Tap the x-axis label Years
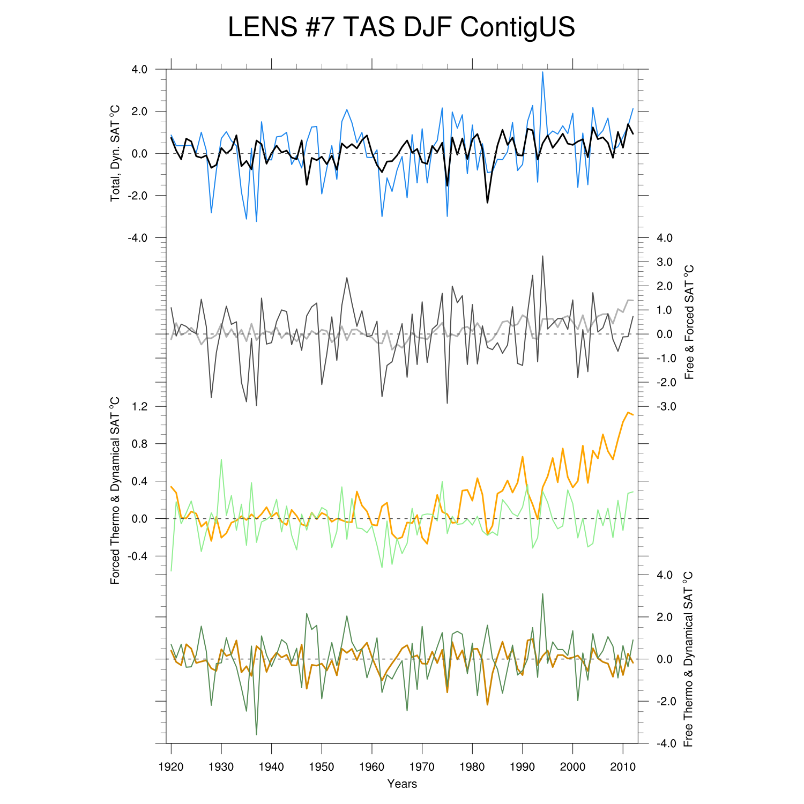coord(402,784)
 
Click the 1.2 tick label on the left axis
coord(139,406)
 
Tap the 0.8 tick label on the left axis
coord(139,444)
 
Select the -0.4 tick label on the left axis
coord(137,556)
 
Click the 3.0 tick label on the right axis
coord(665,262)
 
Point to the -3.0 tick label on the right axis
coord(664,406)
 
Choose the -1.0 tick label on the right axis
coord(664,358)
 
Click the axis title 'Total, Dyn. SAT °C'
coord(115,153)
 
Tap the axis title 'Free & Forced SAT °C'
coord(689,322)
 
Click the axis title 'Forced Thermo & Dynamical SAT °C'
coord(115,490)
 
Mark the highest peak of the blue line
coord(542,72)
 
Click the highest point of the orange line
coord(628,412)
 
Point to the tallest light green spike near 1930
coord(221,459)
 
